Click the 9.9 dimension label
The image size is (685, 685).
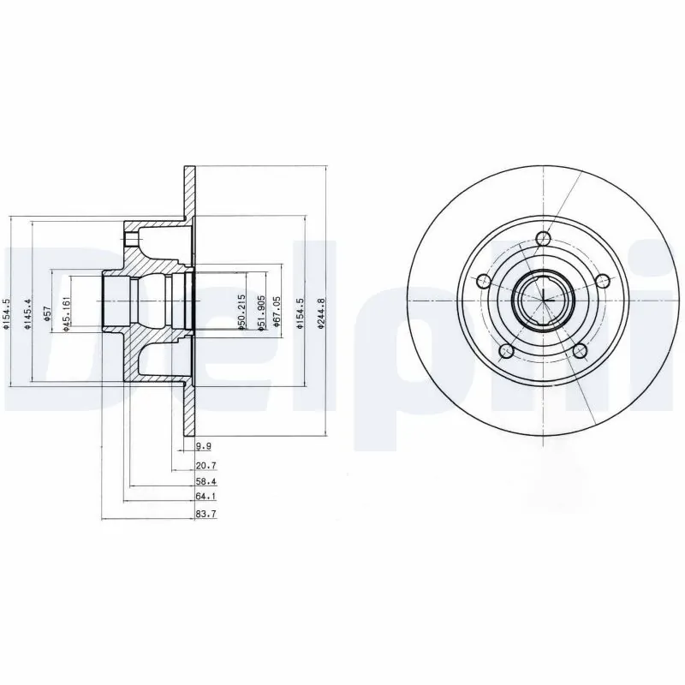tap(202, 446)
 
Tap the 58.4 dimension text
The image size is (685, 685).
tap(205, 482)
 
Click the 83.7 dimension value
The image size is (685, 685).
tap(205, 514)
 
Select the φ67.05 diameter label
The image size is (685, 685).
tap(277, 313)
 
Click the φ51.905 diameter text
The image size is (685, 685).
tap(254, 313)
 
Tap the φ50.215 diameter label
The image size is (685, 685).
tap(242, 313)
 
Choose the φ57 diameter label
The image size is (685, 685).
tap(49, 313)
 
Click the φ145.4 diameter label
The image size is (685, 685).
tap(28, 313)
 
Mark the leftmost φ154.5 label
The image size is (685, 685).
tap(7, 313)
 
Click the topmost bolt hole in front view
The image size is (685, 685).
tap(541, 239)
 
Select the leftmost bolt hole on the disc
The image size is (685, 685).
tap(483, 282)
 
